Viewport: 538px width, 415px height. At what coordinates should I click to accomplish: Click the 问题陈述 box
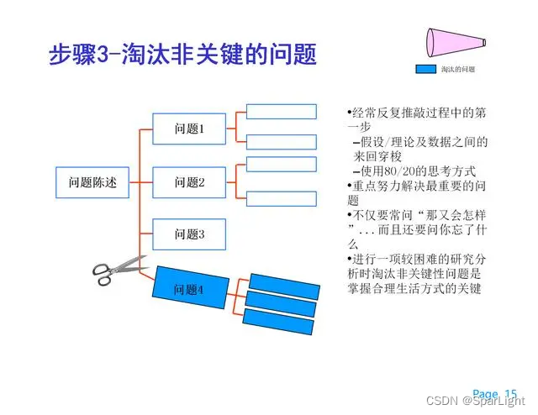pyautogui.click(x=92, y=181)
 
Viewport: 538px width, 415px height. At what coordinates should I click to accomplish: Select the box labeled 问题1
pyautogui.click(x=189, y=129)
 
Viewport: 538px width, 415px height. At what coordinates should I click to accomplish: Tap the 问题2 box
pyautogui.click(x=189, y=181)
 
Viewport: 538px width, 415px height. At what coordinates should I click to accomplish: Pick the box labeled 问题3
pyautogui.click(x=189, y=234)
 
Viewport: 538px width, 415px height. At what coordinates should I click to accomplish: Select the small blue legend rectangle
pyautogui.click(x=428, y=69)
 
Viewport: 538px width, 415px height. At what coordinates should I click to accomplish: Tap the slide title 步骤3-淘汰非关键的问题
pyautogui.click(x=182, y=55)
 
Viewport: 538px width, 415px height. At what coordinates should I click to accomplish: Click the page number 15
pyautogui.click(x=510, y=393)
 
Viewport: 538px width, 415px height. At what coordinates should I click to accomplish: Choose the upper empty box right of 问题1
pyautogui.click(x=281, y=111)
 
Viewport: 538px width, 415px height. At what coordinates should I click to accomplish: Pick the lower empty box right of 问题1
pyautogui.click(x=281, y=141)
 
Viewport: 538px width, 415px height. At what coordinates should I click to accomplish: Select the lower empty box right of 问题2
pyautogui.click(x=281, y=199)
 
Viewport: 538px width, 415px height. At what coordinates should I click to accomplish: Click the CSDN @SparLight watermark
pyautogui.click(x=478, y=403)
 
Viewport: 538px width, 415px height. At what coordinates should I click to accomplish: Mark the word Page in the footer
pyautogui.click(x=485, y=393)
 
